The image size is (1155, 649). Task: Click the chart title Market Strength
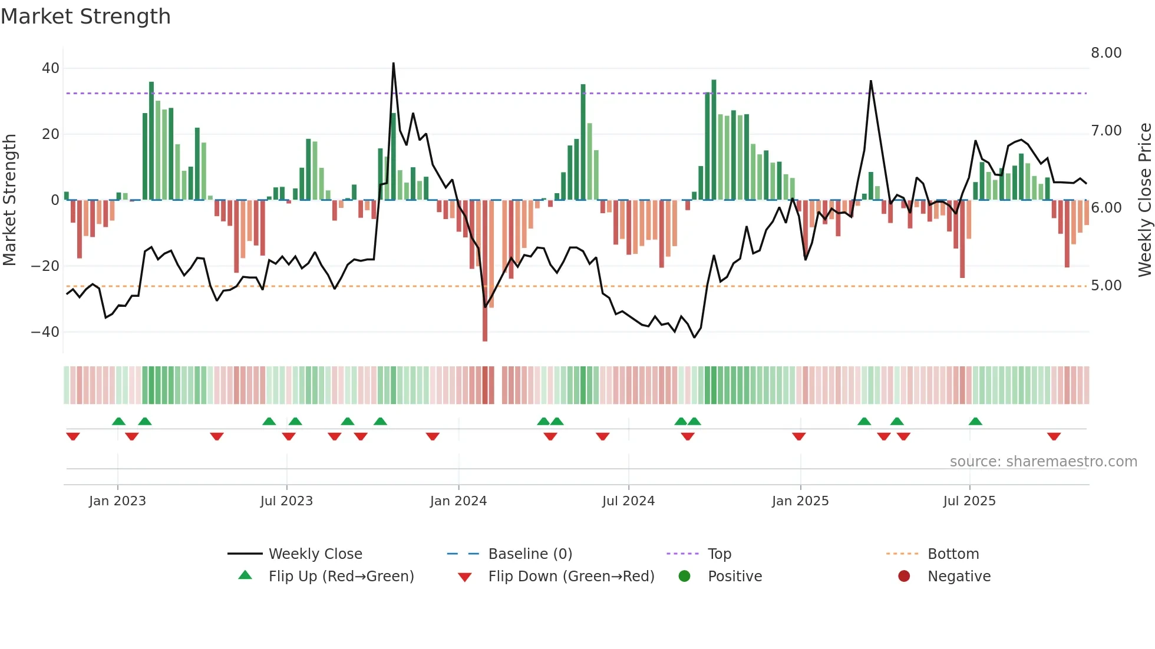point(85,16)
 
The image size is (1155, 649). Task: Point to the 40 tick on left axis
point(51,68)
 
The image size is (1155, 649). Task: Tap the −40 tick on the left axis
point(46,332)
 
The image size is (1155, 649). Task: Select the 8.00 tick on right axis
point(1105,53)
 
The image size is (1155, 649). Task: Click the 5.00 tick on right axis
point(1105,286)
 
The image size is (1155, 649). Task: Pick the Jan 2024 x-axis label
point(458,501)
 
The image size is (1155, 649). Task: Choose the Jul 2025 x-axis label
point(969,501)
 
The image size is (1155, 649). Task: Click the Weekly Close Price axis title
point(1144,200)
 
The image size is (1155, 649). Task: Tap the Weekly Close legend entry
point(315,554)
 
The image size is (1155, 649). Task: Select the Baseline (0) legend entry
point(530,554)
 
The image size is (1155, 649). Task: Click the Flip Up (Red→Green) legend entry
point(341,577)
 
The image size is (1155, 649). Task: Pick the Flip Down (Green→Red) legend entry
point(570,577)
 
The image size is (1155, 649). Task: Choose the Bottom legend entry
point(952,554)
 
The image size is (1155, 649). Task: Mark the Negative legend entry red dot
point(903,577)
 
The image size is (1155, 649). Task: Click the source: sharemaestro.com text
point(1043,462)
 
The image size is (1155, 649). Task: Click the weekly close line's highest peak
point(394,64)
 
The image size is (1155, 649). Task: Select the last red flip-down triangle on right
point(1054,436)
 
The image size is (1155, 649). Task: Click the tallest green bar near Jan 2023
point(151,141)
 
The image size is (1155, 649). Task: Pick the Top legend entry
point(719,554)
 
